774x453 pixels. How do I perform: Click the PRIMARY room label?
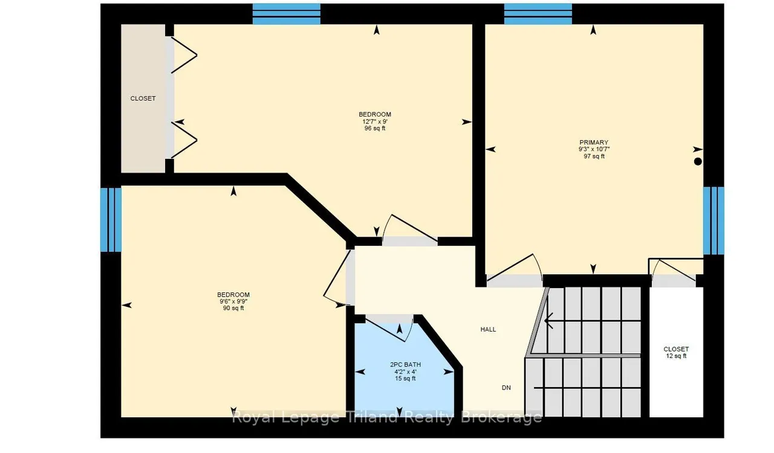tap(594, 143)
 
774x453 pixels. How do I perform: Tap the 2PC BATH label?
tap(405, 365)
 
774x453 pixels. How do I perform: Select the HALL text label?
tap(488, 329)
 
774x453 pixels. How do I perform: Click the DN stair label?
tap(506, 388)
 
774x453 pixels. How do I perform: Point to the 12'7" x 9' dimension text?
tap(375, 121)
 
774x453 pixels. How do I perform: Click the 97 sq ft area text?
tap(594, 156)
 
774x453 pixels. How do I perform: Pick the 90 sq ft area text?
tap(233, 308)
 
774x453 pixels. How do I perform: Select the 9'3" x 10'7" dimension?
tap(594, 149)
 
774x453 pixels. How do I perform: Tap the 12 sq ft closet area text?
tap(676, 356)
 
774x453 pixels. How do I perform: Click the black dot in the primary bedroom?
tap(698, 161)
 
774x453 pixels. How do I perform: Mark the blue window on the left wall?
tap(111, 220)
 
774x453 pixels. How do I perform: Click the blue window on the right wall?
tap(714, 220)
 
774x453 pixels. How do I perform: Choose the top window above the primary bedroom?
tap(538, 14)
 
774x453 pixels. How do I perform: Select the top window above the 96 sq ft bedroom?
tap(287, 14)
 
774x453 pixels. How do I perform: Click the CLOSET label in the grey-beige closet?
tap(143, 98)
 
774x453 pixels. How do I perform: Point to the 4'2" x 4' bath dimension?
tap(405, 372)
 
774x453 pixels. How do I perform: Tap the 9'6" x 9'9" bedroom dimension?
tap(233, 301)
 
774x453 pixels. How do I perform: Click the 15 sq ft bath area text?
tap(405, 379)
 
